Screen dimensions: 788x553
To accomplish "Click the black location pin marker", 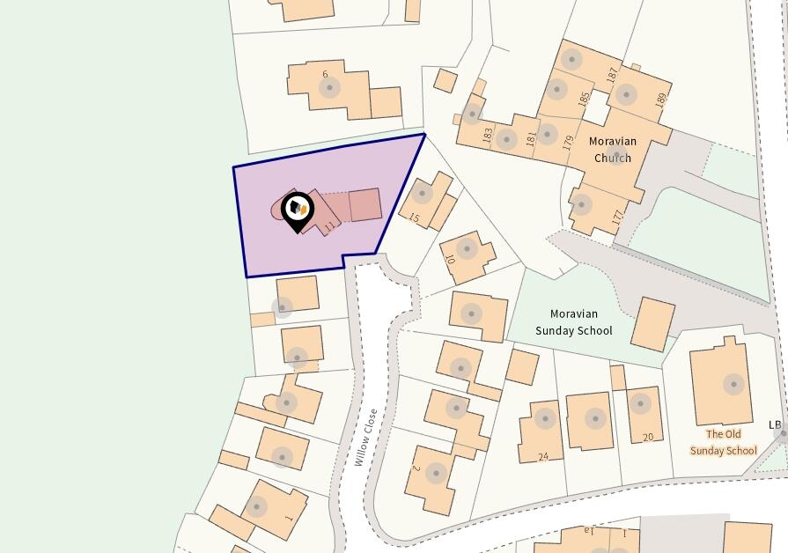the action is pos(298,210).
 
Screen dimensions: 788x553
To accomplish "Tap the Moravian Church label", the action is pos(613,150).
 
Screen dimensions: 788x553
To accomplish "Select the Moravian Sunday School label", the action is pos(573,322).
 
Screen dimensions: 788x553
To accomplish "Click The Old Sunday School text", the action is pos(723,442).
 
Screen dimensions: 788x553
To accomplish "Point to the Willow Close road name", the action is pos(366,437).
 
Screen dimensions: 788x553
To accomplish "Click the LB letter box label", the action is pos(775,425).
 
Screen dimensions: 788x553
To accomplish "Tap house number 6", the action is pos(325,75).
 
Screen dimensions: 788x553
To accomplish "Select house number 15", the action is pos(415,218).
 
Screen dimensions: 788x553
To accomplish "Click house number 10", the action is pos(449,261).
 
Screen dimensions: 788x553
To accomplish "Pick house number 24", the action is pos(543,456).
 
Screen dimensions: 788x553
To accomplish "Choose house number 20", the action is pos(648,437).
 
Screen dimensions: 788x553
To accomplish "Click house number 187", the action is pos(612,76).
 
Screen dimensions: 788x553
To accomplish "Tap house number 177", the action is pos(618,216).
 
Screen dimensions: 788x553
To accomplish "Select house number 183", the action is pos(487,136).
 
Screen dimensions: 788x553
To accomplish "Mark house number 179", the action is pos(569,143).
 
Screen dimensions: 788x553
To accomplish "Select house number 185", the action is pos(584,99).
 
